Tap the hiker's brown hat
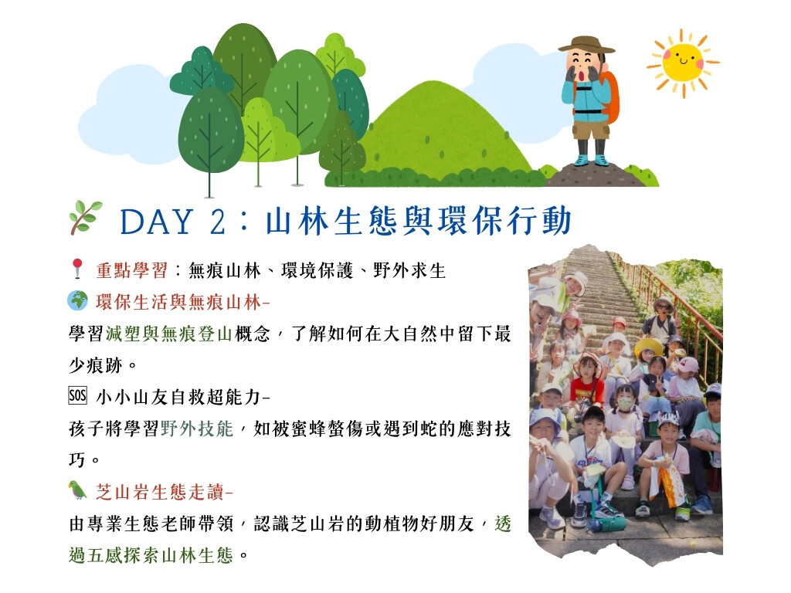point(586,45)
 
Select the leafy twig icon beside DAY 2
point(85,217)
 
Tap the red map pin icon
point(77,268)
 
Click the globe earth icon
point(78,300)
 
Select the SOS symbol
point(78,395)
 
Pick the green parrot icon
point(77,490)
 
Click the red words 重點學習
point(131,271)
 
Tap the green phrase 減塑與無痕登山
point(169,334)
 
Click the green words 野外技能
point(197,429)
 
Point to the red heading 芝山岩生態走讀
point(160,492)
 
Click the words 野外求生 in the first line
point(409,271)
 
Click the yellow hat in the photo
point(649,347)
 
